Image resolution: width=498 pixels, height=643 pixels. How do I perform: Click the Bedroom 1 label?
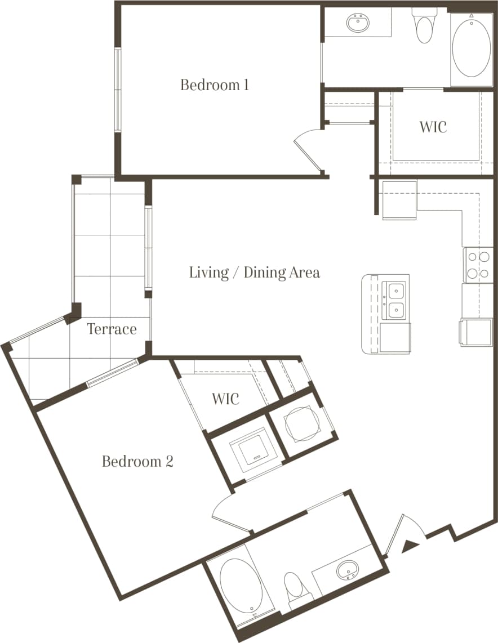215,85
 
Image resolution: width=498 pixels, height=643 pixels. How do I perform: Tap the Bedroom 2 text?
137,462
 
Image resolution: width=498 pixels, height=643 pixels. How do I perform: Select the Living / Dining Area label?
254,273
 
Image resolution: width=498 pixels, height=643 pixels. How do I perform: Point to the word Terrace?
112,329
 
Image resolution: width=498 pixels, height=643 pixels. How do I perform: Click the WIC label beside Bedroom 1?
433,127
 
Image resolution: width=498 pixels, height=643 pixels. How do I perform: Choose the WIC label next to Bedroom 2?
225,399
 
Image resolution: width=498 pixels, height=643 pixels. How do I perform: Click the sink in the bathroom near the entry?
347,570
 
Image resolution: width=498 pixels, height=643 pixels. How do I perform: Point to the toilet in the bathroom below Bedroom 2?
293,588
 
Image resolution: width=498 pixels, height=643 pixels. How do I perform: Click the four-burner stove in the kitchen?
478,265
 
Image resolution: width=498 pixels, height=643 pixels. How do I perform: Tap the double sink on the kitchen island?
395,300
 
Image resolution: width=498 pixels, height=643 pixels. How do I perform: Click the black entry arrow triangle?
411,544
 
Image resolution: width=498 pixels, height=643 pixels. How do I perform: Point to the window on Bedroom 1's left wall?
118,90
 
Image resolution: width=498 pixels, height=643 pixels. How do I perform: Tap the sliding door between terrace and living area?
148,248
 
